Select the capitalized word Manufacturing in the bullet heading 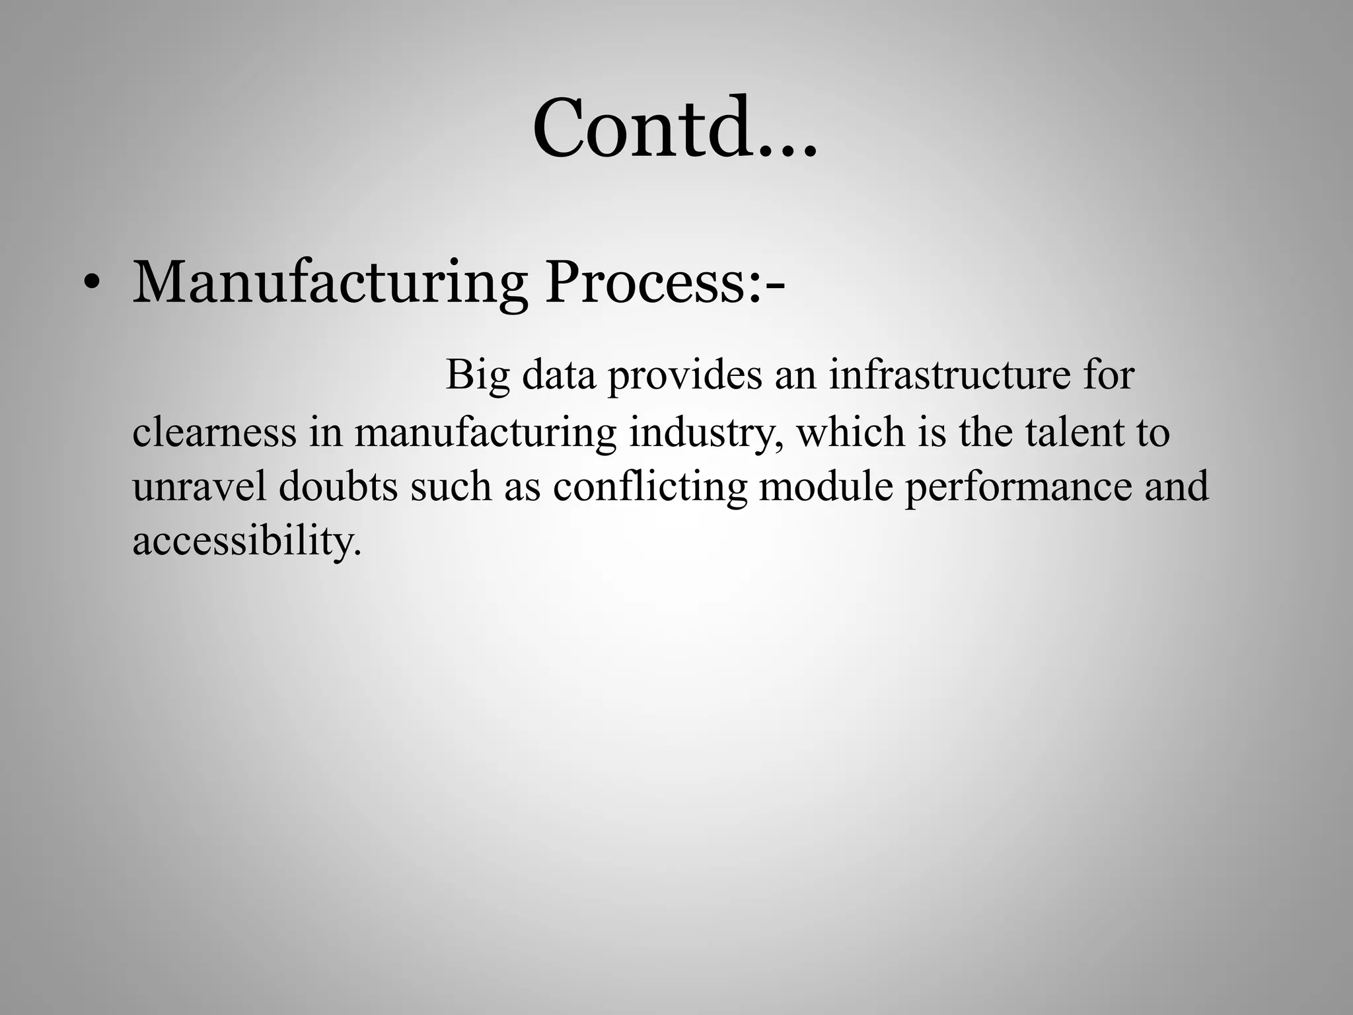330,283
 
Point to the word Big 478,375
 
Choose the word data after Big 559,375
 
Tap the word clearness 214,432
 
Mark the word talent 1066,432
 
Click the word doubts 338,486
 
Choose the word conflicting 649,488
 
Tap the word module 825,486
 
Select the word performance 1018,488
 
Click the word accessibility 247,542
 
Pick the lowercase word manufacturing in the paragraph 486,433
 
